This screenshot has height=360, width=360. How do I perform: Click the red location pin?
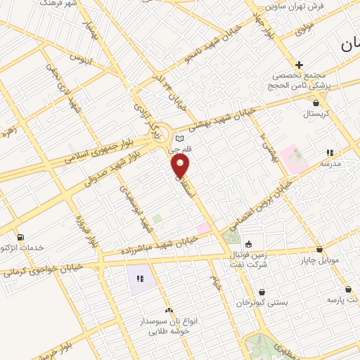tap(181, 165)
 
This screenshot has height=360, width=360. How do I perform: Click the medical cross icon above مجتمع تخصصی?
tap(300, 65)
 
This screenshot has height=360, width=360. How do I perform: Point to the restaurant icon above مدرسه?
tap(329, 153)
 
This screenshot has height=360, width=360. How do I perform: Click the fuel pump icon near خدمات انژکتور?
tap(20, 236)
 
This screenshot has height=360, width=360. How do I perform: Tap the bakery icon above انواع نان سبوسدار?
tap(168, 309)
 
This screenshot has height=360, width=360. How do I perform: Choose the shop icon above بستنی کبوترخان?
tap(262, 292)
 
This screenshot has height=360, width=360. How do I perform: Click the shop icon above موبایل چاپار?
tap(320, 249)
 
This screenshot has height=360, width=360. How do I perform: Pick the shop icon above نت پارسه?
tap(348, 289)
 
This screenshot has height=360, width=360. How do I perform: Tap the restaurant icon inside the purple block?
tap(139, 279)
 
